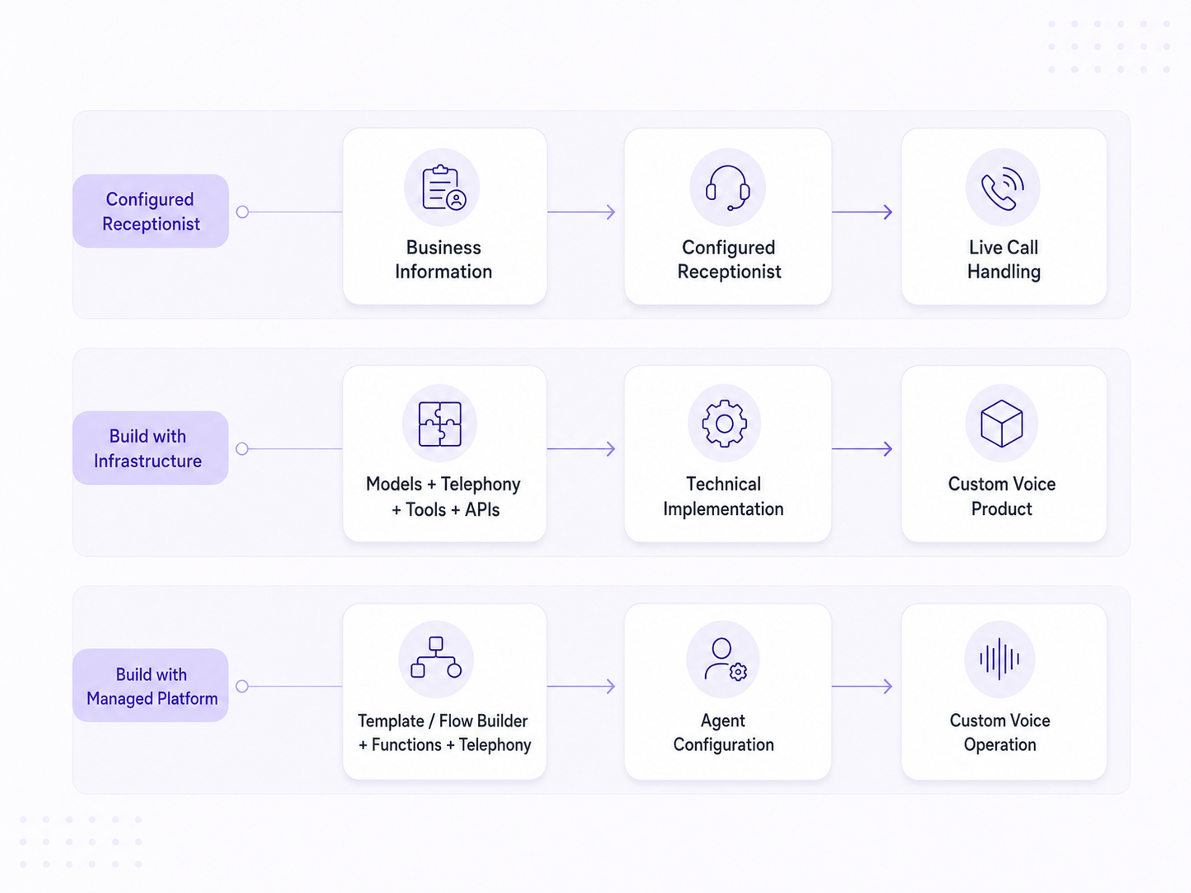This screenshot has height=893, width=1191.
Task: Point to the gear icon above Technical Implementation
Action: click(x=724, y=424)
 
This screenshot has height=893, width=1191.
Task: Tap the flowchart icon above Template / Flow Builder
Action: click(x=435, y=657)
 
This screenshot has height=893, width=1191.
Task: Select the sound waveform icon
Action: click(x=999, y=659)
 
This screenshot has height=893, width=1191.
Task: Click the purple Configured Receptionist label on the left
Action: click(x=151, y=211)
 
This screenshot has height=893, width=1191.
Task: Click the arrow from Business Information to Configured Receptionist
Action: click(x=582, y=212)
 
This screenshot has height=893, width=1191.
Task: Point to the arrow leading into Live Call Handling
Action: click(x=862, y=212)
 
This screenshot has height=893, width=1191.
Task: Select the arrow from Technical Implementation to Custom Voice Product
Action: click(x=862, y=449)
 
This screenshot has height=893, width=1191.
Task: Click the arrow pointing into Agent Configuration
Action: click(x=582, y=686)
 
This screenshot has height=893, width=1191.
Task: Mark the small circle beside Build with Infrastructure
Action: click(x=242, y=449)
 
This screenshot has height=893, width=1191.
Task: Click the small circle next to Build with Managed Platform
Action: click(x=242, y=686)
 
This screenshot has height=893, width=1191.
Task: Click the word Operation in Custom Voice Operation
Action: click(x=1000, y=745)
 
